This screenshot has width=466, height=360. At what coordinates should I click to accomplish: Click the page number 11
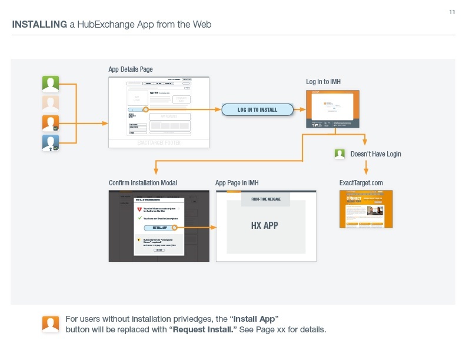(452, 12)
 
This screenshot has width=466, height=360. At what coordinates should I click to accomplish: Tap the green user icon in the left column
(51, 84)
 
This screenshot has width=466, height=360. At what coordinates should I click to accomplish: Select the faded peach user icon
(51, 104)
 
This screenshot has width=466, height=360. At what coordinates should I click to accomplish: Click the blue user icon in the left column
(51, 143)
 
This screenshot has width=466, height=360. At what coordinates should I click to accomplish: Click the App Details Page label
(130, 69)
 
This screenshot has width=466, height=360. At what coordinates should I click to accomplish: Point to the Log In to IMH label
(323, 81)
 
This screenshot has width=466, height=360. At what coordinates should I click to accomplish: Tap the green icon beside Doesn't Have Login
(339, 154)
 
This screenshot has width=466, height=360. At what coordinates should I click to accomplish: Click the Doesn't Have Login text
(375, 154)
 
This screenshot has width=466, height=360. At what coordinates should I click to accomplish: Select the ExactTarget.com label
(361, 183)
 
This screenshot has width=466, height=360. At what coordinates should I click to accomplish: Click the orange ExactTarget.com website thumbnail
(366, 209)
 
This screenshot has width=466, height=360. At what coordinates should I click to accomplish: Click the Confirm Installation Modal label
(143, 183)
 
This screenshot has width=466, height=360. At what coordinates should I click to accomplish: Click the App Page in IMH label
(237, 183)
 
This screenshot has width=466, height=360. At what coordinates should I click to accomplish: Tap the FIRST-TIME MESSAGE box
(266, 199)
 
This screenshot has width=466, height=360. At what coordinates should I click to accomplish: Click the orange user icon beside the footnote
(51, 324)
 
